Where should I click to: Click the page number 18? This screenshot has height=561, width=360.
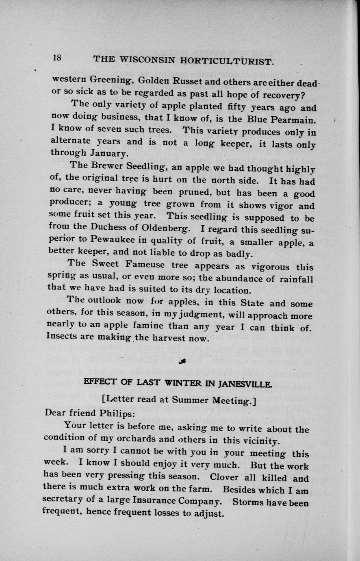click(x=57, y=58)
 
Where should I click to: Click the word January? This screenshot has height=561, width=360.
click(x=109, y=154)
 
